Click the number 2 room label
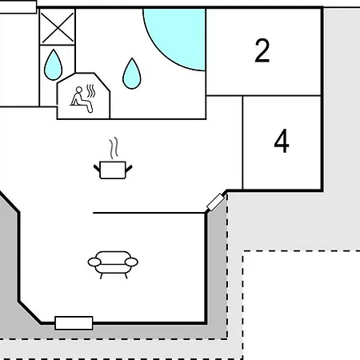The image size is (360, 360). click(x=262, y=50)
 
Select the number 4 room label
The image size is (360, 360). click(x=282, y=141)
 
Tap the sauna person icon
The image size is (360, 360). click(x=82, y=99)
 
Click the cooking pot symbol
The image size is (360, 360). click(x=113, y=170)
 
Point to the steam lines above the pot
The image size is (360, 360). click(x=114, y=148)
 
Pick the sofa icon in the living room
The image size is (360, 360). click(x=113, y=265)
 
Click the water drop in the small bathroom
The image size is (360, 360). click(x=53, y=65)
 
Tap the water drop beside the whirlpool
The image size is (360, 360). click(x=132, y=74)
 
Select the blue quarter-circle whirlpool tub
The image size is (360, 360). click(x=182, y=34)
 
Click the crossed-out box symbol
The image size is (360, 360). click(x=58, y=27)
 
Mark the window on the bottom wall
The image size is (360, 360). click(x=74, y=323)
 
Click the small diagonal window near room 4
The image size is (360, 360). click(x=215, y=202)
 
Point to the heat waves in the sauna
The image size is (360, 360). click(x=91, y=91)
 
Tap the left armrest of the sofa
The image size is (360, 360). click(x=94, y=262)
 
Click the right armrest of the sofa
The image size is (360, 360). click(x=131, y=262)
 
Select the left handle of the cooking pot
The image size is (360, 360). click(x=97, y=169)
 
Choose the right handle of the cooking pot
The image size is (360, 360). click(x=129, y=169)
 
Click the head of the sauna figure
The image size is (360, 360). click(x=79, y=90)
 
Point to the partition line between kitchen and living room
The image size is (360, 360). click(x=149, y=213)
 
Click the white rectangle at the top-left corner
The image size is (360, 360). click(x=18, y=7)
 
